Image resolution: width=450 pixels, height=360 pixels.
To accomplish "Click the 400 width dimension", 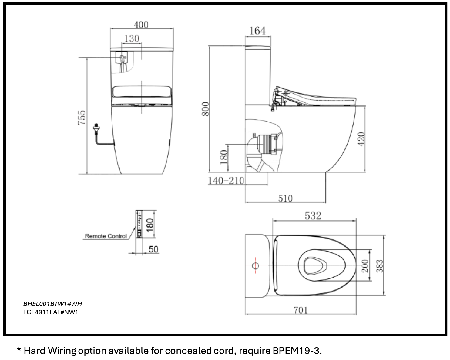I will tap(141, 25).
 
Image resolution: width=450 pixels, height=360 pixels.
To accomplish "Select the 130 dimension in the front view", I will tap(132, 38).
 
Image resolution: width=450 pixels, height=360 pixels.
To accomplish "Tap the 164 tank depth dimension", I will tap(257, 31).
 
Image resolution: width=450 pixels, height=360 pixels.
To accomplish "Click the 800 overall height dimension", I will tap(205, 109).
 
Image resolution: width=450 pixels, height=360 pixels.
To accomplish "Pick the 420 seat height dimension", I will tap(361, 139).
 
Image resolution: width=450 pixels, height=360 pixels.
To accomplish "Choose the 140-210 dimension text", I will tap(226, 181).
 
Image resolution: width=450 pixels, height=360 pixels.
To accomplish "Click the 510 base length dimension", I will tap(285, 198).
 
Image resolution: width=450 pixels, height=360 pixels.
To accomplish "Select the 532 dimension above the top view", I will tap(313, 215).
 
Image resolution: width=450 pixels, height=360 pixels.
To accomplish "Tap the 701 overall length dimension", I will tap(301, 310).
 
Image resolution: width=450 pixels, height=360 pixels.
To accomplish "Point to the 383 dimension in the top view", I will tap(379, 266).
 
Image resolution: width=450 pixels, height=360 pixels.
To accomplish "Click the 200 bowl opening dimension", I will tap(365, 265).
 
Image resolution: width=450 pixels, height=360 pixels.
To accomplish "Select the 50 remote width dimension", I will tap(153, 249).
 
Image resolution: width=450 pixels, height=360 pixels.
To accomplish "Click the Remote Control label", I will tap(106, 236).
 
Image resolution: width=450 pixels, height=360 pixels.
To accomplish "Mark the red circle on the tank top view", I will tap(255, 266).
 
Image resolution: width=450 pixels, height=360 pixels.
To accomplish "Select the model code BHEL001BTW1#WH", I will tap(52, 304).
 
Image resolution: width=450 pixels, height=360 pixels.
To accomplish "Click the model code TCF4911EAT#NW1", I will tap(51, 312).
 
